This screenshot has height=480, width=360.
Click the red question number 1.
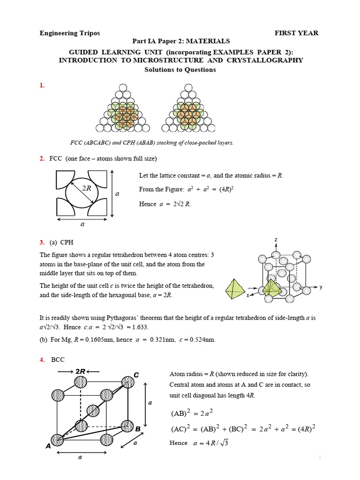point(42,85)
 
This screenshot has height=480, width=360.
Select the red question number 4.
point(42,360)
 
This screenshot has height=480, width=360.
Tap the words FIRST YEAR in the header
point(296,33)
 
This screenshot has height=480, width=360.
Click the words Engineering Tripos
point(69,33)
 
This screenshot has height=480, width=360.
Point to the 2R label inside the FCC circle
point(87,188)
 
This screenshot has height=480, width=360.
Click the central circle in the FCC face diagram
point(82,194)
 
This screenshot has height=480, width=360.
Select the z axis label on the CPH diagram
point(276,240)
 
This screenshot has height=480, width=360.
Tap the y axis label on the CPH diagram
point(321,287)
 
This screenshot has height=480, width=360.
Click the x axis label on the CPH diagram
point(247,296)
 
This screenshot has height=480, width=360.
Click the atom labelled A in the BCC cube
point(57,440)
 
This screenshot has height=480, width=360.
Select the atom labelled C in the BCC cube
point(127,382)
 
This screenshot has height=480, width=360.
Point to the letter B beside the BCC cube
point(138,429)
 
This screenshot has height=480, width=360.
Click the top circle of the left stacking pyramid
point(123,88)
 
